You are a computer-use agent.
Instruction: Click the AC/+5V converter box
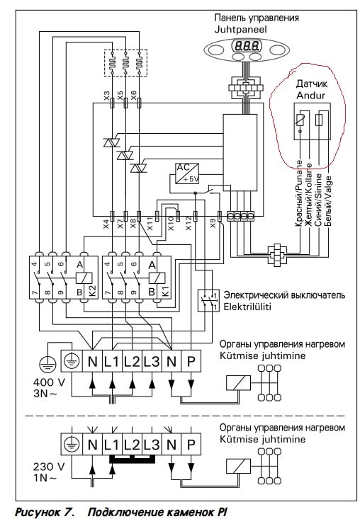[187, 173]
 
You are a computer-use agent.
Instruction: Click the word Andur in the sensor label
[310, 96]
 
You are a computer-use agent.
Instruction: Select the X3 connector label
[106, 96]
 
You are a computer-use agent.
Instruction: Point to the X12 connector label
[189, 223]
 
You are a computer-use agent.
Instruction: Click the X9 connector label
[213, 224]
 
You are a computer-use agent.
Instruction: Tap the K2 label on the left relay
[92, 292]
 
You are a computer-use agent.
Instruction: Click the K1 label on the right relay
[165, 292]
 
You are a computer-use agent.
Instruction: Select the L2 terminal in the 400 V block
[132, 361]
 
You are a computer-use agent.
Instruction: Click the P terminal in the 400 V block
[191, 361]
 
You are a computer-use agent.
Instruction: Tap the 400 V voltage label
[49, 382]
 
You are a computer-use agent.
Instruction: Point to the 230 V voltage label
[49, 467]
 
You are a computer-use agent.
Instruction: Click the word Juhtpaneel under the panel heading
[241, 29]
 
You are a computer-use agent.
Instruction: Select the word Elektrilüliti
[247, 307]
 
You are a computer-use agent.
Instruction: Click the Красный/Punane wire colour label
[299, 193]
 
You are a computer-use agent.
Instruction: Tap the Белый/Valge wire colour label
[328, 201]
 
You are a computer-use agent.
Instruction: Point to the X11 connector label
[150, 224]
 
